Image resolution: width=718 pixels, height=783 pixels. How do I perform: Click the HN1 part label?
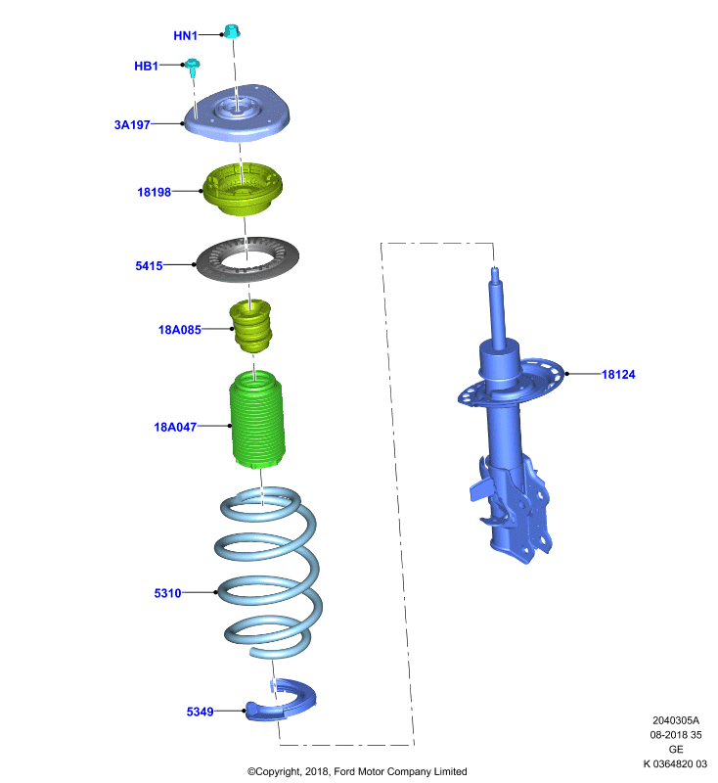(186, 35)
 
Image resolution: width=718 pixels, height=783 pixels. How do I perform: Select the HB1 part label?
(146, 66)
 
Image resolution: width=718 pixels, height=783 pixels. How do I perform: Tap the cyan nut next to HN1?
(232, 31)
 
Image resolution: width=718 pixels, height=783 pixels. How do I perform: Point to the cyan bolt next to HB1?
(193, 68)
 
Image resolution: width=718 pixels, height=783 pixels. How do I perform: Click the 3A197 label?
(132, 125)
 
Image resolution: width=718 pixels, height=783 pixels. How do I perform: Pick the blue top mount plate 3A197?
(237, 114)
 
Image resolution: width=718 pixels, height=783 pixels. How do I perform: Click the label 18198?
(155, 192)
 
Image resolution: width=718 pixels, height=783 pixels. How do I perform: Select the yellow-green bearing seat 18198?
(242, 189)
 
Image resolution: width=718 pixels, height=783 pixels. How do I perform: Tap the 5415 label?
(150, 265)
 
